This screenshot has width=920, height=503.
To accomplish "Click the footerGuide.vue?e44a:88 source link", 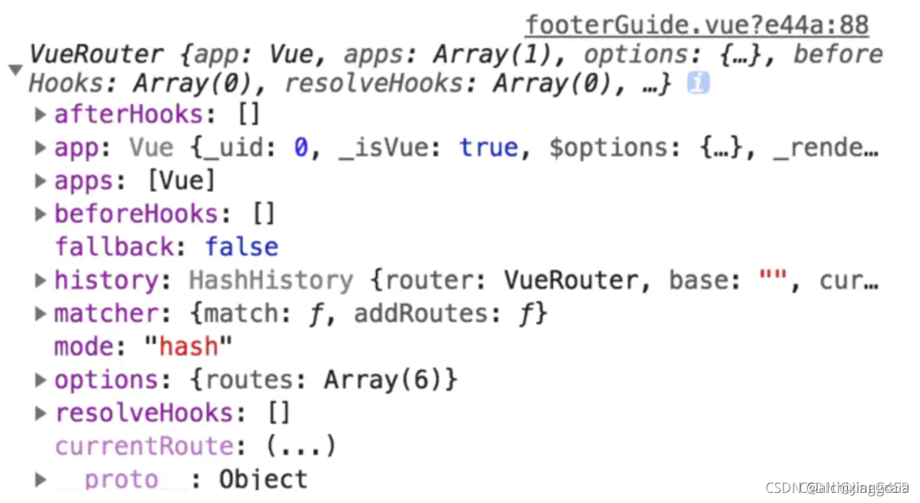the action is coord(696,25).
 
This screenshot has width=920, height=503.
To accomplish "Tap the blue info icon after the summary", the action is coord(698,84).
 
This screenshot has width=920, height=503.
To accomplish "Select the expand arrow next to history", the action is coord(41,280).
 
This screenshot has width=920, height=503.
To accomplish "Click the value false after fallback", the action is coord(241,247).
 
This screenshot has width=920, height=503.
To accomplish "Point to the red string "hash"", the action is coord(188,347).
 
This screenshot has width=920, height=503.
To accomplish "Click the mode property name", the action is coord(84,347).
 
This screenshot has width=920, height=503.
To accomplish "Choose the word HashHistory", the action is coord(271,280).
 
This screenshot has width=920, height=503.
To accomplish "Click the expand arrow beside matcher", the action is coord(41,313).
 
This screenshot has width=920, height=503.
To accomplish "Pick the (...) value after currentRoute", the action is coord(300,446).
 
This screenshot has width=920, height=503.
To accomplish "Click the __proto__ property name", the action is coord(121,480).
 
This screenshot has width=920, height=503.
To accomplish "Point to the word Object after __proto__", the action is coord(263,480).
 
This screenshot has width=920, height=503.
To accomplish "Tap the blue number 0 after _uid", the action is coord(301,148).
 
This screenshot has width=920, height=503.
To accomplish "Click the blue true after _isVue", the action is coord(488,148).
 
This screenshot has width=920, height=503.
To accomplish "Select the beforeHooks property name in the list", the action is coord(137,214).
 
